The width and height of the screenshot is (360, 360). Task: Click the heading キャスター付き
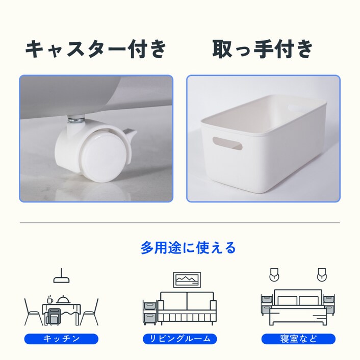(x=96, y=49)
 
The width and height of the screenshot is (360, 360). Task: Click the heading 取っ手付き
(x=263, y=49)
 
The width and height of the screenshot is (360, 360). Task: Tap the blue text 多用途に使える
(x=188, y=248)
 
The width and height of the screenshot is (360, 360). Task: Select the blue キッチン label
(x=61, y=339)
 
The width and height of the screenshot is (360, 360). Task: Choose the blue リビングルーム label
(x=180, y=339)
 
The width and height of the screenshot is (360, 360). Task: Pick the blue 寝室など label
(x=298, y=339)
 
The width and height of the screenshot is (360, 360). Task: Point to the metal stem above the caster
(x=75, y=120)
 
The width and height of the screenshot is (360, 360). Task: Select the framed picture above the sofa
(x=187, y=279)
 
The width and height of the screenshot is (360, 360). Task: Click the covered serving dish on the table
(x=64, y=300)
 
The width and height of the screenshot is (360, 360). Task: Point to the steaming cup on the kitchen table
(x=50, y=300)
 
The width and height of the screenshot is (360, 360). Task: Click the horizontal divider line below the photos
(x=179, y=223)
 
